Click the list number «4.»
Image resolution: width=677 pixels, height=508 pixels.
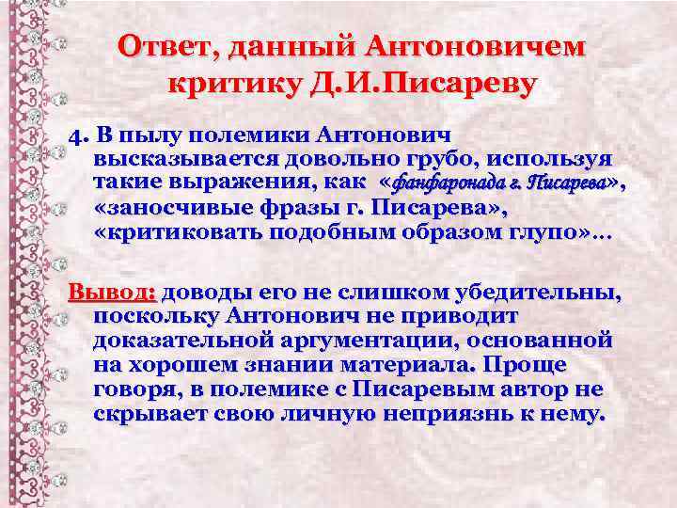pyautogui.click(x=78, y=138)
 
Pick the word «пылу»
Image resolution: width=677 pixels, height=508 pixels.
pyautogui.click(x=161, y=138)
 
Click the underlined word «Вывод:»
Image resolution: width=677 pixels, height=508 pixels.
pyautogui.click(x=104, y=294)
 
